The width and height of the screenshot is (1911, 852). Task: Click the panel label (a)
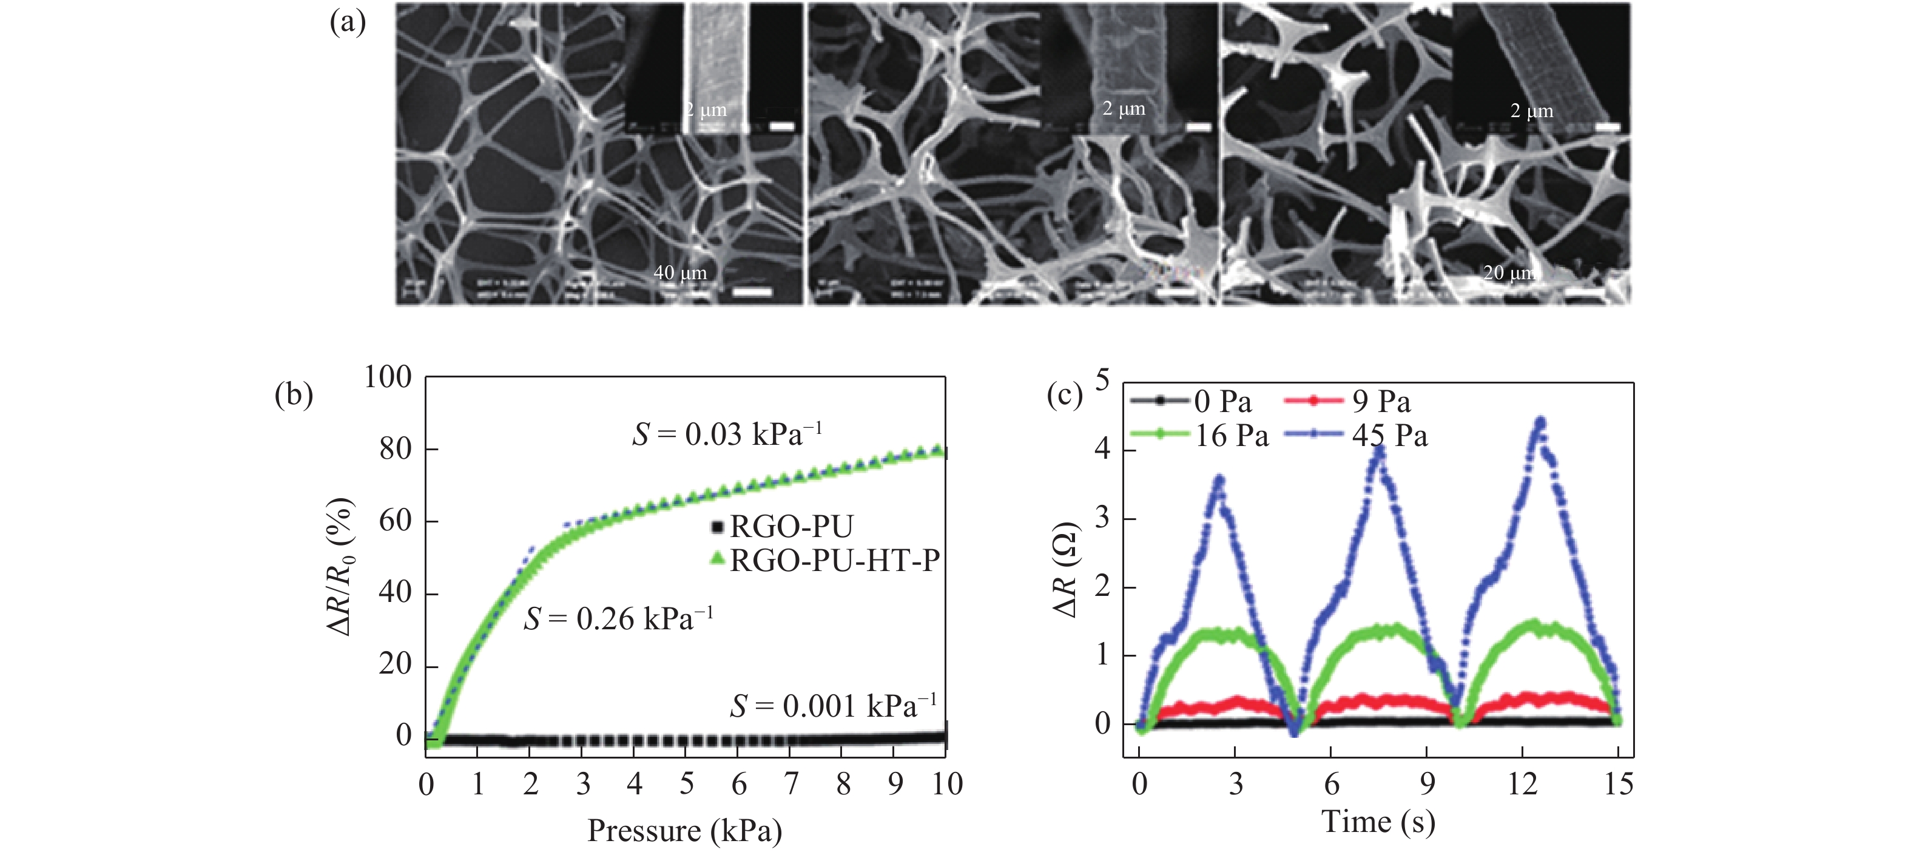[347, 24]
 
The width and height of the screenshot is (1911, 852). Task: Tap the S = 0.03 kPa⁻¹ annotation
[726, 434]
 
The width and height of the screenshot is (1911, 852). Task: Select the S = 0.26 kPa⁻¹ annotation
[618, 618]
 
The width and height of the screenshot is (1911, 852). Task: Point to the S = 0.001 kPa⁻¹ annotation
[832, 705]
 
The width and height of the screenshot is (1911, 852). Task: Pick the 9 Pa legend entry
[1380, 402]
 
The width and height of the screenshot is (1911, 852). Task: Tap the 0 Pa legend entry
[1222, 402]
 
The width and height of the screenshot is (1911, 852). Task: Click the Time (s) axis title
[1378, 821]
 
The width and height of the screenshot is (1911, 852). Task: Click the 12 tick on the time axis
[1522, 783]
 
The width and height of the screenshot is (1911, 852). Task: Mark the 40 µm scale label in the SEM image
[679, 272]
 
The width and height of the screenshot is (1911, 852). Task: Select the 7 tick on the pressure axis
[791, 783]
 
